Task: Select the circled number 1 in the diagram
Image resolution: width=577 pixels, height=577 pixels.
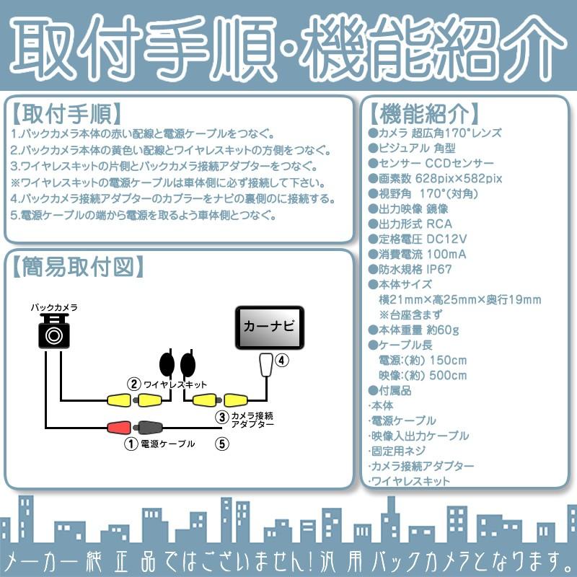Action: [x=131, y=444]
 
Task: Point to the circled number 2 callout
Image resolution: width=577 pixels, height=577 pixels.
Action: [x=133, y=384]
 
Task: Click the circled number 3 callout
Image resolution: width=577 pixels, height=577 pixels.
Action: [x=221, y=417]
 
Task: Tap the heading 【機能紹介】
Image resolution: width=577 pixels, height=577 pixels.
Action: [x=422, y=114]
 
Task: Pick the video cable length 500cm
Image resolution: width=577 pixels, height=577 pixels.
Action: [x=446, y=375]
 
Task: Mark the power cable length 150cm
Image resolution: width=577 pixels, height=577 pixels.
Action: [x=446, y=360]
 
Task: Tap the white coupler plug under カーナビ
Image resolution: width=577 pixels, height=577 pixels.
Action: [x=266, y=365]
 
